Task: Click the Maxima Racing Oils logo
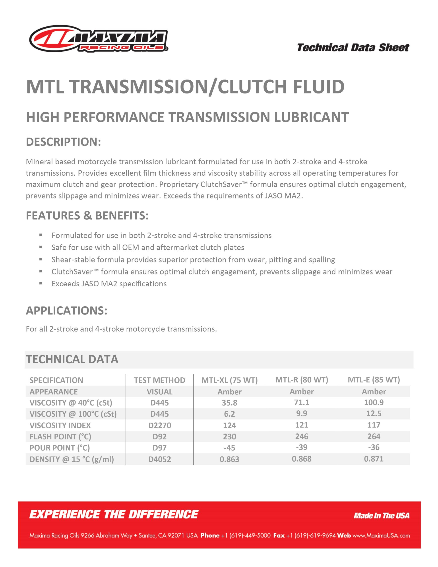point(98,39)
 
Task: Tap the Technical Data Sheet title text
point(353,48)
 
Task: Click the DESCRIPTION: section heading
point(63,142)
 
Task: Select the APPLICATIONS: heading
point(66,311)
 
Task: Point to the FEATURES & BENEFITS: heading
point(87,216)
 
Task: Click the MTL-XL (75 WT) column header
point(229,380)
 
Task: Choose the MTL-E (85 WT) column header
point(374,380)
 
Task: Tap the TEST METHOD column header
point(159,380)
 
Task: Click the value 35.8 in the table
point(229,403)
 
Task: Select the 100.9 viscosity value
point(374,402)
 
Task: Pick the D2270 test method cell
point(159,425)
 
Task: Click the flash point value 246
point(301,436)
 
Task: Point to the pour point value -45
point(229,448)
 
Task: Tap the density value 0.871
point(374,459)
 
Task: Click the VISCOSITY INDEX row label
point(60,425)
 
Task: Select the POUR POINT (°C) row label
point(60,448)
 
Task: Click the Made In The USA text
point(381,516)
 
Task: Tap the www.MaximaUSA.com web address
point(381,536)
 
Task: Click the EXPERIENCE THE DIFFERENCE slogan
point(114,515)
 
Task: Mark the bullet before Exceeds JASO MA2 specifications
point(41,283)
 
